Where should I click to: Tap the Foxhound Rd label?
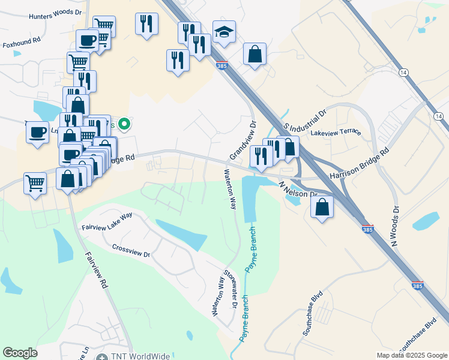[x=21, y=43]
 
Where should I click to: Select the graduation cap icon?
[x=224, y=32]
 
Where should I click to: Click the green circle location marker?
[x=124, y=125]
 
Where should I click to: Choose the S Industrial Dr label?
[x=304, y=119]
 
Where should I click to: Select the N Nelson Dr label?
[x=298, y=190]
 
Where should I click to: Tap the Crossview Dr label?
[x=131, y=250]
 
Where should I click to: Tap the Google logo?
[x=20, y=353]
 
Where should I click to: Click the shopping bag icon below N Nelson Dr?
[x=322, y=208]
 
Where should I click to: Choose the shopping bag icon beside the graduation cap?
[x=255, y=54]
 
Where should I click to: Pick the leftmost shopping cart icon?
[x=35, y=183]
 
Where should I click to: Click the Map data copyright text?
[x=411, y=355]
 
